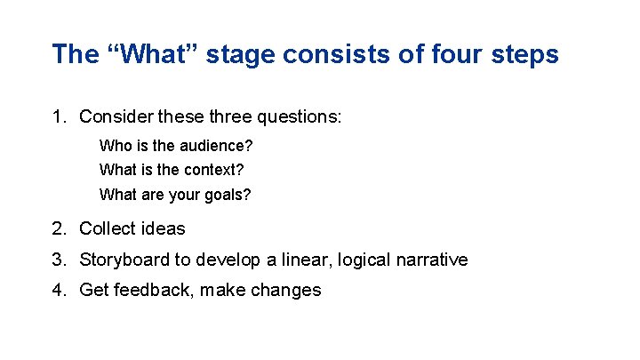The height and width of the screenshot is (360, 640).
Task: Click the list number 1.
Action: point(58,116)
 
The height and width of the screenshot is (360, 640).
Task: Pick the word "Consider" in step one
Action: point(115,116)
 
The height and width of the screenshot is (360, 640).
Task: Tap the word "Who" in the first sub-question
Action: point(114,145)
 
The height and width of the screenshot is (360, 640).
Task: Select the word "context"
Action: point(212,169)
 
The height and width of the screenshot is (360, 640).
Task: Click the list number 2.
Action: point(58,228)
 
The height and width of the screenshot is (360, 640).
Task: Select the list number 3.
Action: point(58,260)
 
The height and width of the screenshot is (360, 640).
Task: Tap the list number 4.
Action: point(58,290)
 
